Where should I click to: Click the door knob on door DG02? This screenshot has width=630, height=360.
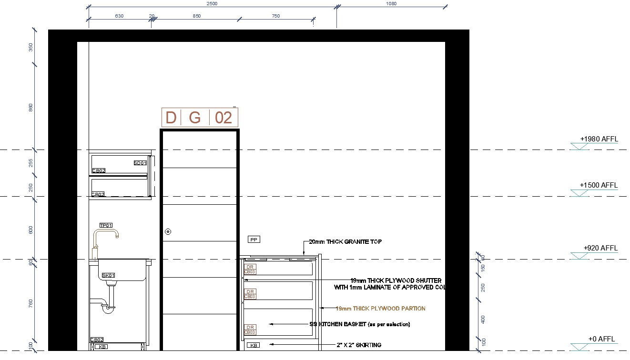click(x=168, y=232)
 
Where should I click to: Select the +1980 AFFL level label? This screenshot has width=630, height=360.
click(x=599, y=139)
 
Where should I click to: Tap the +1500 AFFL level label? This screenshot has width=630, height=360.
click(x=599, y=185)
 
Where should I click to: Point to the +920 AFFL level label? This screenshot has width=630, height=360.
click(x=600, y=248)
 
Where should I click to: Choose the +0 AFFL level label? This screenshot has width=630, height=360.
click(x=601, y=339)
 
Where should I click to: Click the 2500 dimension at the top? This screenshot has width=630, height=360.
click(x=212, y=4)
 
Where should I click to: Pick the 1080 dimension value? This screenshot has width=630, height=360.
click(x=391, y=4)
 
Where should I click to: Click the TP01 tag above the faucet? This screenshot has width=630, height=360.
click(x=106, y=225)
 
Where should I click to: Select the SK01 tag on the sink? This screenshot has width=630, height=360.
click(x=109, y=276)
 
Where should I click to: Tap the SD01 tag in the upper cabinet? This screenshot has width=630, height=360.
click(x=140, y=163)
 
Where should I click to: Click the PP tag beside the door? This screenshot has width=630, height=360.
click(x=254, y=240)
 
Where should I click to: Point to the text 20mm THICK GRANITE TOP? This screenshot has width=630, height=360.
click(x=345, y=242)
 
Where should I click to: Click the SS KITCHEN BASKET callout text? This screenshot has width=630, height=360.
click(x=359, y=324)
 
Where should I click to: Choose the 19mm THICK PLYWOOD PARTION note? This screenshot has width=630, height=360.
click(x=380, y=309)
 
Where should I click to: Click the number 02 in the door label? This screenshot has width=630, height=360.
click(x=223, y=118)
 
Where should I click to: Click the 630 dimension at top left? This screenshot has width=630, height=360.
click(x=119, y=16)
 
